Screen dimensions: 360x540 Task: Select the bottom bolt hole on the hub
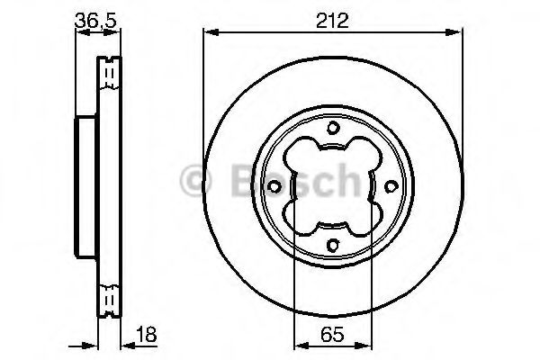[331, 244]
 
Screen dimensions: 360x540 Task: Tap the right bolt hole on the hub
[389, 186]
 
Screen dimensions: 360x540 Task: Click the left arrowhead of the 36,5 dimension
[79, 33]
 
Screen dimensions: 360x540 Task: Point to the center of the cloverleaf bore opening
[331, 186]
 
